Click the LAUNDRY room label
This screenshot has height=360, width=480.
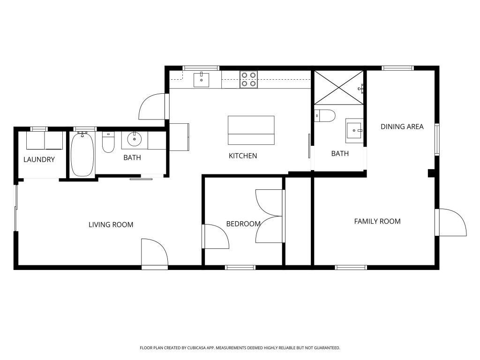pyautogui.click(x=39, y=159)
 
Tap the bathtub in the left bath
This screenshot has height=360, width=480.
pyautogui.click(x=82, y=154)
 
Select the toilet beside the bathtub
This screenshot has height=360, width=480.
pyautogui.click(x=108, y=142)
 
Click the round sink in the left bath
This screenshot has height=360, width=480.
pyautogui.click(x=135, y=139)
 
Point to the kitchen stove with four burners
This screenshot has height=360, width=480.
pyautogui.click(x=248, y=79)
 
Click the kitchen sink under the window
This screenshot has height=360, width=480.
pyautogui.click(x=202, y=80)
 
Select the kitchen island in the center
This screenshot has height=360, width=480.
pyautogui.click(x=251, y=130)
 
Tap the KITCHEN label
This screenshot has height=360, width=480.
pyautogui.click(x=243, y=156)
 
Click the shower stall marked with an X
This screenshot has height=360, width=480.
pyautogui.click(x=338, y=87)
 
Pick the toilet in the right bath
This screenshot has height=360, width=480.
pyautogui.click(x=325, y=115)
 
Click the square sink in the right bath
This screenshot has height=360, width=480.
pyautogui.click(x=354, y=129)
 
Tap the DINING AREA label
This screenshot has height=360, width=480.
pyautogui.click(x=402, y=127)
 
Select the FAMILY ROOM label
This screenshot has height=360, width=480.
pyautogui.click(x=377, y=221)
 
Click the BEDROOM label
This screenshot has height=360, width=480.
pyautogui.click(x=243, y=224)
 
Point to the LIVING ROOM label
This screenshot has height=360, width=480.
pyautogui.click(x=111, y=225)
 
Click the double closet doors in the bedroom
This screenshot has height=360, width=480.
pyautogui.click(x=270, y=216)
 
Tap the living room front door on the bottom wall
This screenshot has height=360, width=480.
pyautogui.click(x=155, y=253)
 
